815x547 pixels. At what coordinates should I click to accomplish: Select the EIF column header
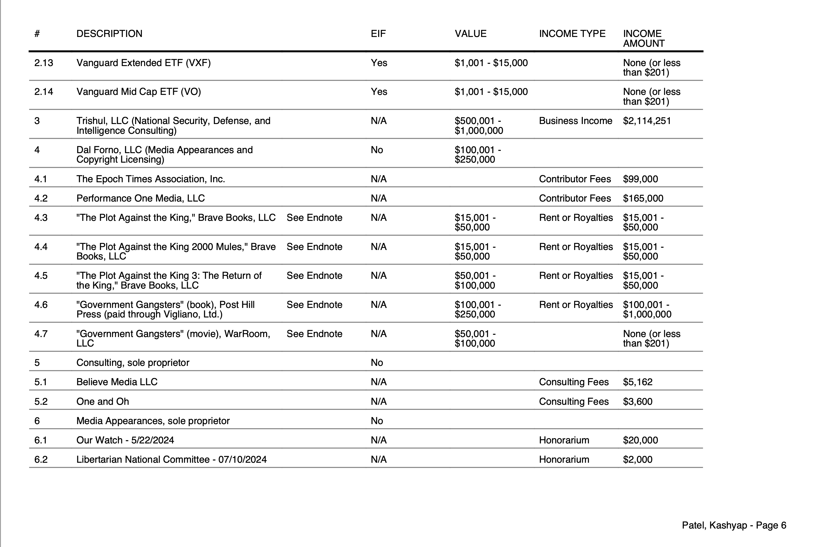[x=378, y=34]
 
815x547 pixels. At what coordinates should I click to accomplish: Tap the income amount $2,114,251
[x=647, y=121]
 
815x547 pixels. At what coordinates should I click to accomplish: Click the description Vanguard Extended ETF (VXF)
[x=143, y=63]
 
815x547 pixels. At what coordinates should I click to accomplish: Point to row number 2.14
[x=44, y=92]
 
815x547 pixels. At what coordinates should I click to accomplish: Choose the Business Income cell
[x=575, y=121]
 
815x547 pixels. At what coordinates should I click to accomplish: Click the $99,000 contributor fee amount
[x=640, y=179]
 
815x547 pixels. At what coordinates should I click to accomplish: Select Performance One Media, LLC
[x=140, y=198]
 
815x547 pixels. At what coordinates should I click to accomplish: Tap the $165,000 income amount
[x=643, y=198]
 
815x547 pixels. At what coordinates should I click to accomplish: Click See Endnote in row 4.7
[x=314, y=334]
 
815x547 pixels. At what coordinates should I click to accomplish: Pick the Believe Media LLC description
[x=117, y=382]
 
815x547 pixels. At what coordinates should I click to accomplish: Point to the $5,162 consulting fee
[x=637, y=382]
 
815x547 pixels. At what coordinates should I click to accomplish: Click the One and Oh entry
[x=103, y=401]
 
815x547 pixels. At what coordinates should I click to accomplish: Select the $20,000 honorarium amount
[x=640, y=440]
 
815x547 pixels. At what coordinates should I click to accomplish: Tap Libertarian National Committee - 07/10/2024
[x=171, y=459]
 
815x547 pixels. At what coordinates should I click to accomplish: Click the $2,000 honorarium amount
[x=637, y=459]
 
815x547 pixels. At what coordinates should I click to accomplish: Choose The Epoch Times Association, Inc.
[x=150, y=179]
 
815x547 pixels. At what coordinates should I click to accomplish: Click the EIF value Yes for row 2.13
[x=379, y=63]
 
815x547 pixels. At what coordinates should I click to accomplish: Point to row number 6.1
[x=41, y=440]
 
